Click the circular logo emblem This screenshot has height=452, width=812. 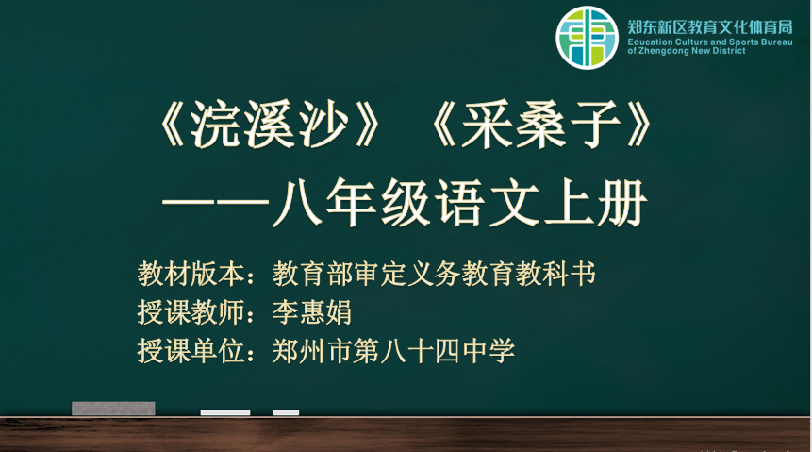tap(587, 38)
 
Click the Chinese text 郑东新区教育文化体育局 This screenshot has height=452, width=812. tap(710, 27)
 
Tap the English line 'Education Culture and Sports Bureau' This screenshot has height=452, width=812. tap(710, 42)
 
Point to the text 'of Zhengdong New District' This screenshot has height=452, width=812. tap(687, 51)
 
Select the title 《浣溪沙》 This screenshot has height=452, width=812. tap(268, 125)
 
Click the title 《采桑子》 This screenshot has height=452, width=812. tap(541, 125)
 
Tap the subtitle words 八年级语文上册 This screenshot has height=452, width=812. tap(459, 202)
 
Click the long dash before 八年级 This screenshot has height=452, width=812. tap(217, 203)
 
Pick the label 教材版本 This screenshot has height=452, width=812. tap(191, 273)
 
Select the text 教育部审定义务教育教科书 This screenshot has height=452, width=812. tap(434, 273)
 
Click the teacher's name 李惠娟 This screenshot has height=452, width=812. tap(312, 312)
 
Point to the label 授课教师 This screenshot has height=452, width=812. tap(191, 312)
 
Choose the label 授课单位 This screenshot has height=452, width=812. tap(191, 351)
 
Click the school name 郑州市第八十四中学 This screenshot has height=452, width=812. tap(393, 351)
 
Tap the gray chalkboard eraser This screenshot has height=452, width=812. tap(113, 409)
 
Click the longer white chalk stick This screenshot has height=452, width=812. tap(225, 412)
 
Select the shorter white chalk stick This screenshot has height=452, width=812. tap(287, 412)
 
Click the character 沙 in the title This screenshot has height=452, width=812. tap(323, 125)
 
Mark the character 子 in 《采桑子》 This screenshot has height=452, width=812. tap(595, 125)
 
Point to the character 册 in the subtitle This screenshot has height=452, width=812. tap(621, 203)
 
